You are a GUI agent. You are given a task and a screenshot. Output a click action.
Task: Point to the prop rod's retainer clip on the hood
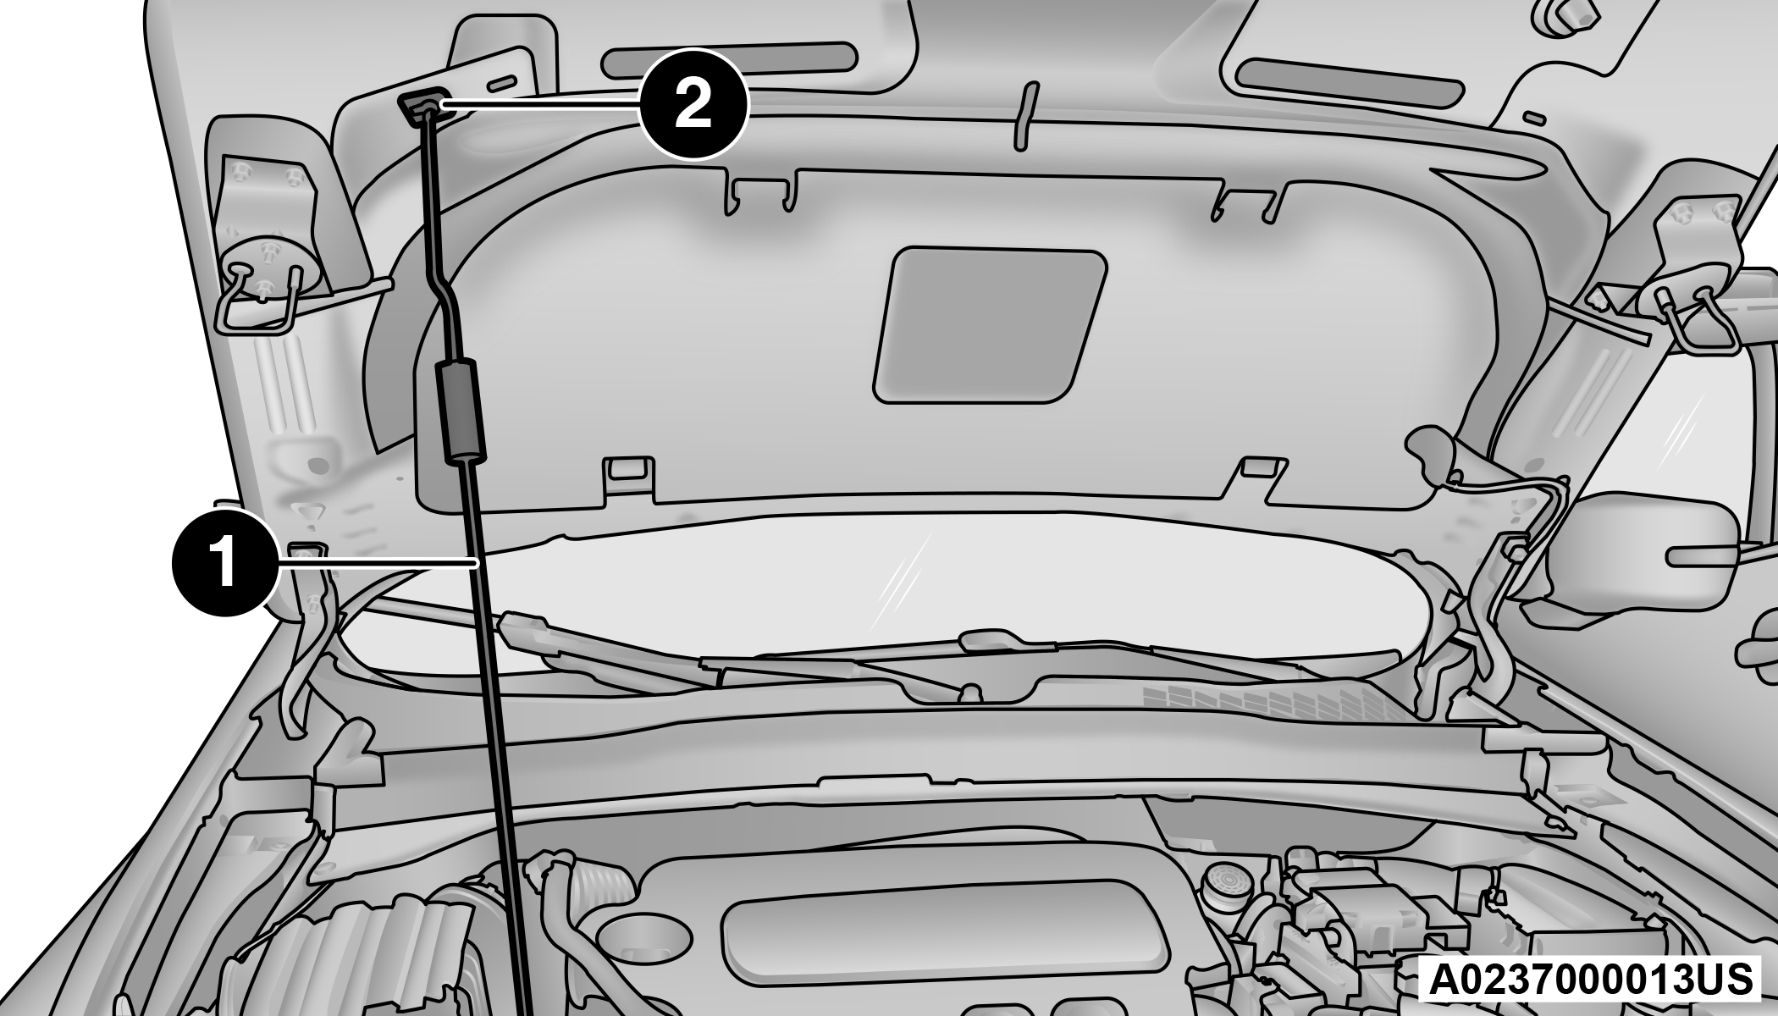click(x=422, y=106)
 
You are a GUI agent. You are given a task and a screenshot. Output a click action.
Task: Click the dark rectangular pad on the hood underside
click(x=989, y=325)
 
